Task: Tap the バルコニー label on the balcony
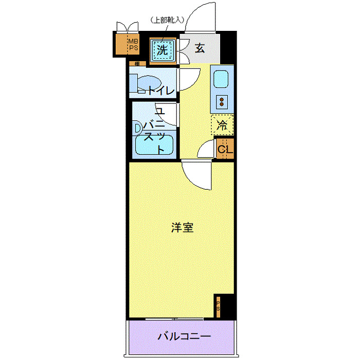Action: click(x=184, y=337)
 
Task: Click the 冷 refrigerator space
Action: click(x=222, y=124)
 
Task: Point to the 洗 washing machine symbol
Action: click(x=162, y=50)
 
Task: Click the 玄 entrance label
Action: click(x=200, y=49)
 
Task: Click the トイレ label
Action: click(x=161, y=91)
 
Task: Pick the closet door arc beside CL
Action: click(x=206, y=150)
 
